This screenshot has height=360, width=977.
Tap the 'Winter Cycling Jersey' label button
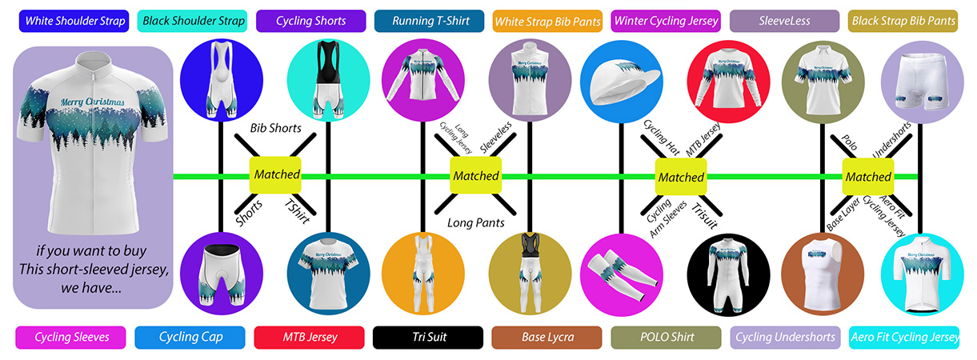[666, 20]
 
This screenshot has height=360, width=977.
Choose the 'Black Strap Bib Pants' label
[903, 20]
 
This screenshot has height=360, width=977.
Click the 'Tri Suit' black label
[428, 338]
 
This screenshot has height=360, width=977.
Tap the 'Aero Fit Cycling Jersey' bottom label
[903, 338]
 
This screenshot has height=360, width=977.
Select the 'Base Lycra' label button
[547, 338]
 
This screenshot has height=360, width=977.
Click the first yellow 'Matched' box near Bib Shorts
[277, 174]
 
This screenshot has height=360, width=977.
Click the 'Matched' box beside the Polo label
[867, 176]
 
